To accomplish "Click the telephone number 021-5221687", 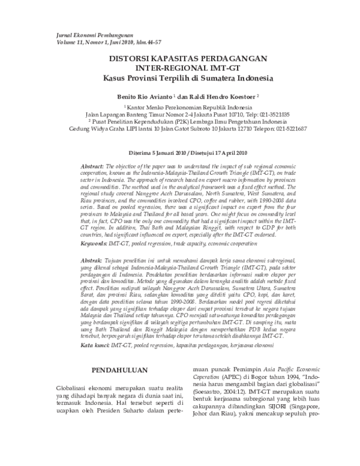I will (290, 129).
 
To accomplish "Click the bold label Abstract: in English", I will (93, 165).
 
